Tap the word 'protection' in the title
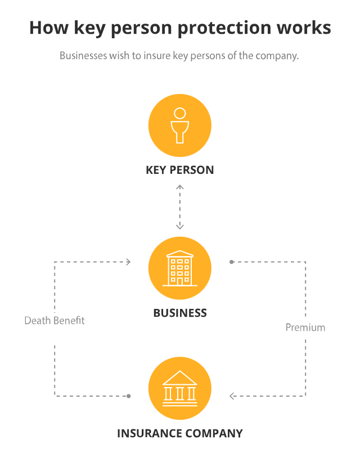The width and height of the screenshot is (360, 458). (226, 28)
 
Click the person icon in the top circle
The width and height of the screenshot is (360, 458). (179, 125)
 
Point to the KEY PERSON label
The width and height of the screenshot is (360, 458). (180, 170)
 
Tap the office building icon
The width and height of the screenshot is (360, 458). (179, 268)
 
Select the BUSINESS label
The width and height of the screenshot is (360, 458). (180, 313)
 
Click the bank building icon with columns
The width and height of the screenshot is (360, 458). (179, 388)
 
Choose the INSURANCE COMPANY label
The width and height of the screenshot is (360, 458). (180, 434)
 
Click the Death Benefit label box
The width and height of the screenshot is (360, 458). (55, 327)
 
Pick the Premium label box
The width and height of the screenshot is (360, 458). (305, 328)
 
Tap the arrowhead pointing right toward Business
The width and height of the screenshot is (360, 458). (129, 262)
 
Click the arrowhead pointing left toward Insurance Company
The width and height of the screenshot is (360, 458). (232, 396)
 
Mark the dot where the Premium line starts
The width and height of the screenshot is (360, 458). (231, 262)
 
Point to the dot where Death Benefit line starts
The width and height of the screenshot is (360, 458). (129, 396)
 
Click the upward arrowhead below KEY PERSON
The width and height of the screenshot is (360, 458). (180, 185)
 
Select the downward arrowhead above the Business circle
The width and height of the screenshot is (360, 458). (180, 227)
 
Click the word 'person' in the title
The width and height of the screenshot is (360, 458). (145, 28)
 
